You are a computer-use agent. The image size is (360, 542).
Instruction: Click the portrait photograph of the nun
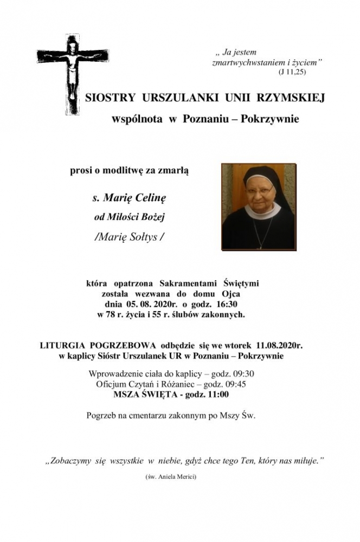point(259,207)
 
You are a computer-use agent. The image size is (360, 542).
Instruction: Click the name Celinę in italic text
point(150,198)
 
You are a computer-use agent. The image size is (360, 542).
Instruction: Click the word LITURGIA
point(65,344)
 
